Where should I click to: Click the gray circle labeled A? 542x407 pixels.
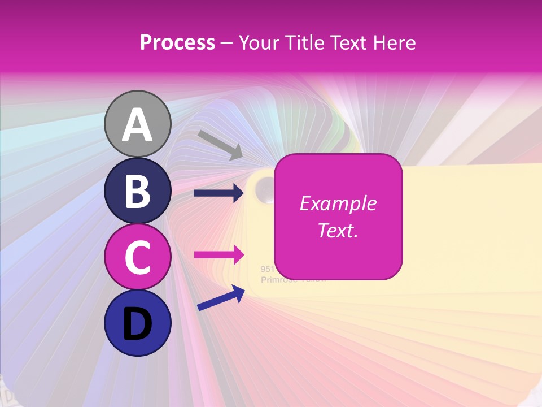(137, 124)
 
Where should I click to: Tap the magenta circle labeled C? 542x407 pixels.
(137, 257)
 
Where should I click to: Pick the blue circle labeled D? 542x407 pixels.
(137, 323)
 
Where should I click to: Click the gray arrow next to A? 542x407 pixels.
(220, 145)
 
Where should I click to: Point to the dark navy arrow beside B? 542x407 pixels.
(218, 193)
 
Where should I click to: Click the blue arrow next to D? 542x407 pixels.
(221, 298)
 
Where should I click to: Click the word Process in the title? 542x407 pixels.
(177, 43)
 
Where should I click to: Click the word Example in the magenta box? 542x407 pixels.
(338, 203)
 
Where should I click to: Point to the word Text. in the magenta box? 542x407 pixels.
(338, 230)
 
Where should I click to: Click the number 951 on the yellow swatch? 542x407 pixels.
(267, 269)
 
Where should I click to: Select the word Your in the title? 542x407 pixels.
(259, 43)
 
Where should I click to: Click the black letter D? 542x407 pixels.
(137, 324)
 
